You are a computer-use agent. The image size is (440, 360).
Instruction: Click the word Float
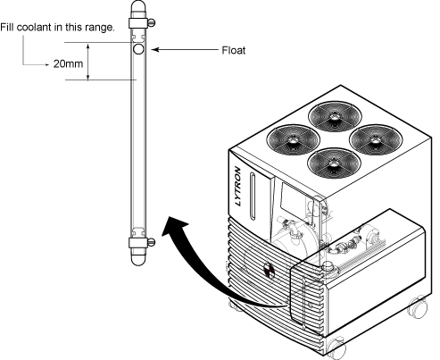click(234, 50)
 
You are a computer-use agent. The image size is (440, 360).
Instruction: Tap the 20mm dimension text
click(68, 63)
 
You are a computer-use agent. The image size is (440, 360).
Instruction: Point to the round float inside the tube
click(138, 49)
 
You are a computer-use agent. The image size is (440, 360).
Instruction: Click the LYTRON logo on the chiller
click(237, 186)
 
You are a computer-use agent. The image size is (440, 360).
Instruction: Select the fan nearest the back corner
click(335, 115)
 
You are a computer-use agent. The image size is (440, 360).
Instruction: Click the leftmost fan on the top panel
click(293, 139)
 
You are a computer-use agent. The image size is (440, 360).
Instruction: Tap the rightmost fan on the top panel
click(376, 139)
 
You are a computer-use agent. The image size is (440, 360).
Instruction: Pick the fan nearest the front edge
click(334, 163)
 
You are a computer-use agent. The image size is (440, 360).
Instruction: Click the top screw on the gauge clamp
click(152, 22)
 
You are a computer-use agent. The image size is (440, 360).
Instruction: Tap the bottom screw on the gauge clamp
click(152, 242)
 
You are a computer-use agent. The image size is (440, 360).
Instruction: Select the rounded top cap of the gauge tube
click(138, 6)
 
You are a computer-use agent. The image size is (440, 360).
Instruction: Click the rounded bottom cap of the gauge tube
click(138, 260)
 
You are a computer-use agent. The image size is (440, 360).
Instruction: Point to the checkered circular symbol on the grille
click(270, 270)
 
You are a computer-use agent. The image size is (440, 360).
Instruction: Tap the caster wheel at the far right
click(418, 307)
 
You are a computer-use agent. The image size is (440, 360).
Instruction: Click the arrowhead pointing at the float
click(156, 49)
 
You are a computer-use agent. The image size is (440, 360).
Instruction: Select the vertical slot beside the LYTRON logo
click(253, 196)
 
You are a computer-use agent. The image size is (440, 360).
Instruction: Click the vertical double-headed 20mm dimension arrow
click(88, 62)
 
